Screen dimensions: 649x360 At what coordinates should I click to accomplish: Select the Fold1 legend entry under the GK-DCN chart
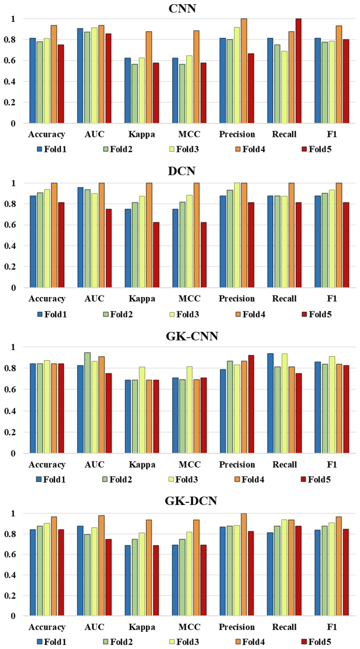click(x=52, y=642)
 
